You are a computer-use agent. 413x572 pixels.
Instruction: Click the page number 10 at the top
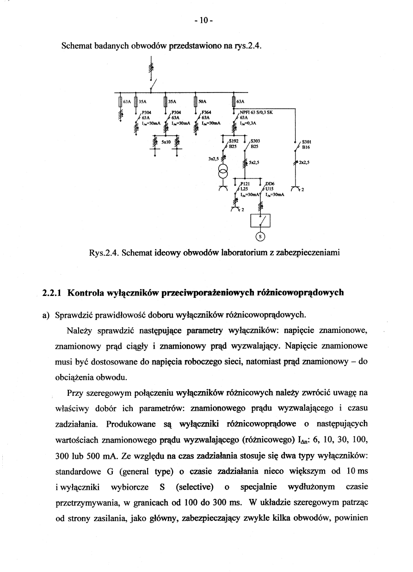pos(203,20)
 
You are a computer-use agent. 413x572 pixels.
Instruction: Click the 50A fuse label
pos(203,100)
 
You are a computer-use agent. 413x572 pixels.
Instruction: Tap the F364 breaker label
pos(206,112)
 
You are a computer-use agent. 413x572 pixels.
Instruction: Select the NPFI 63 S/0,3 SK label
pos(257,112)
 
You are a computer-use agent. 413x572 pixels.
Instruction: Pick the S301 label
pos(306,142)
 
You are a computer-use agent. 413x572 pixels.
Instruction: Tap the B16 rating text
pos(306,148)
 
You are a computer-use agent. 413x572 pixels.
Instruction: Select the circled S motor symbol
pos(260,237)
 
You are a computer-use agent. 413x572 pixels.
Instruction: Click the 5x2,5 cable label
pos(254,162)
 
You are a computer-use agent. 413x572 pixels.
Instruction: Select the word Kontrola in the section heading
pos(86,293)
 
